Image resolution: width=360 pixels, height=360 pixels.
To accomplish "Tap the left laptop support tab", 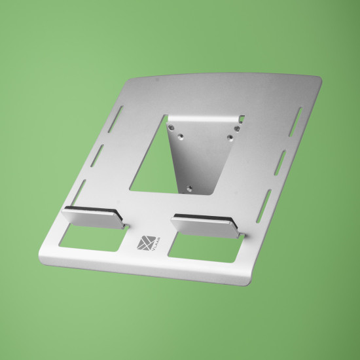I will (x=93, y=219).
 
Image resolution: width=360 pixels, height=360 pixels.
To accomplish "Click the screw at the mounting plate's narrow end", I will (x=190, y=188).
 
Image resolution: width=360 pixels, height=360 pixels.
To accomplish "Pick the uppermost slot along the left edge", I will (x=118, y=111).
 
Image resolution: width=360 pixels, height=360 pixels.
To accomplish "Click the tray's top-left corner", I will (x=133, y=81).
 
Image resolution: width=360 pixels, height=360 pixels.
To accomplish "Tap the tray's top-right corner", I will (x=320, y=79).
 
